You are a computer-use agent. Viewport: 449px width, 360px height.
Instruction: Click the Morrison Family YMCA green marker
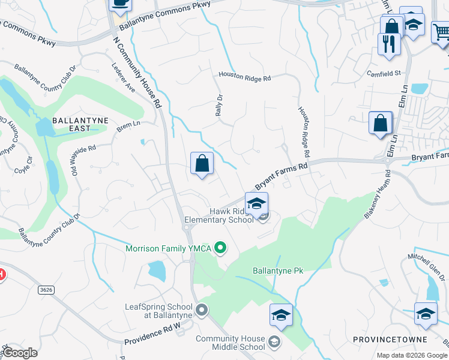click(x=220, y=247)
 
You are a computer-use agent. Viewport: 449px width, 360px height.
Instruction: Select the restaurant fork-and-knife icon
click(x=389, y=44)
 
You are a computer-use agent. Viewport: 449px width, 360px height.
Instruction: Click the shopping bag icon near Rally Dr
click(x=202, y=163)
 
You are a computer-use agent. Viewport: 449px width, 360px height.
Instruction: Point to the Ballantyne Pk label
click(x=279, y=271)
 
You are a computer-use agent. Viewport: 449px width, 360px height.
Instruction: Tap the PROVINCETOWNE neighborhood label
click(x=382, y=339)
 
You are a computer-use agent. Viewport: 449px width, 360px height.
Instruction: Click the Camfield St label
click(x=384, y=73)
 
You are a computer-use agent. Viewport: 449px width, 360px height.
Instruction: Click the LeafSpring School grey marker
click(x=202, y=310)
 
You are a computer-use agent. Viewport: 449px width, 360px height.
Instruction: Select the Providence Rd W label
click(x=153, y=335)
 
